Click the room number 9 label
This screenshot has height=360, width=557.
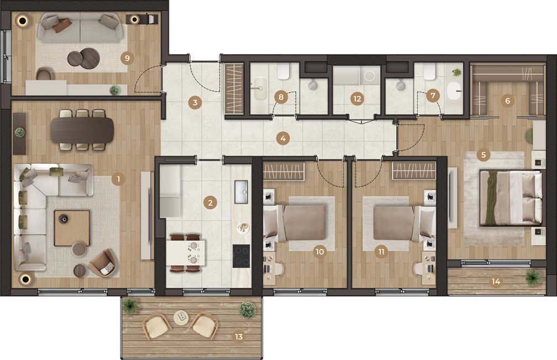point(127,58)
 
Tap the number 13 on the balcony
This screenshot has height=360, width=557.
point(239,336)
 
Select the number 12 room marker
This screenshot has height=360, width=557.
point(357,98)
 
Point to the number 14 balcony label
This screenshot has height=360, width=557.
point(496,281)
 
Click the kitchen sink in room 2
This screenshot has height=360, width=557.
point(241,192)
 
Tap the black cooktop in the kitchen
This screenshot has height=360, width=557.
point(241,256)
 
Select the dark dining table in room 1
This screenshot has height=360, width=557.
point(82,130)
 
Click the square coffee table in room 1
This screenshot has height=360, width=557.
point(72,228)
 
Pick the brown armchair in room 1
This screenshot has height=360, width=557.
point(103,263)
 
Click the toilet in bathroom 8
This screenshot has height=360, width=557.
point(283,71)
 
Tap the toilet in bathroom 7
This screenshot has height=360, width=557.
point(429,71)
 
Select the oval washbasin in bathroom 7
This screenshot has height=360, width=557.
point(454,91)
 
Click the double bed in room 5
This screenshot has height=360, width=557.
point(511,198)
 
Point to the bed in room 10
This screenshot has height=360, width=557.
point(295,223)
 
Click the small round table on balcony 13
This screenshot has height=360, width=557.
point(181,317)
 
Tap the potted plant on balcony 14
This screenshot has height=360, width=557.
point(533,277)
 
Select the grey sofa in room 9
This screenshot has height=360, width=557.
point(80,28)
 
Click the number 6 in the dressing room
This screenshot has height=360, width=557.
point(507,101)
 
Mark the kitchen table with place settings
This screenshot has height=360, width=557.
point(186,253)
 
